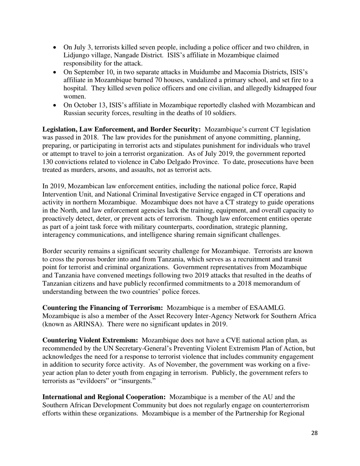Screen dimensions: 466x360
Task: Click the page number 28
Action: [314, 444]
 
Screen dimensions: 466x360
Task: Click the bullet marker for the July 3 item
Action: [55, 48]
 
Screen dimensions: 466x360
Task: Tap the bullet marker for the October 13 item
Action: [55, 105]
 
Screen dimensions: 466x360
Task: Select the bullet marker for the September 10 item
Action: [55, 72]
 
